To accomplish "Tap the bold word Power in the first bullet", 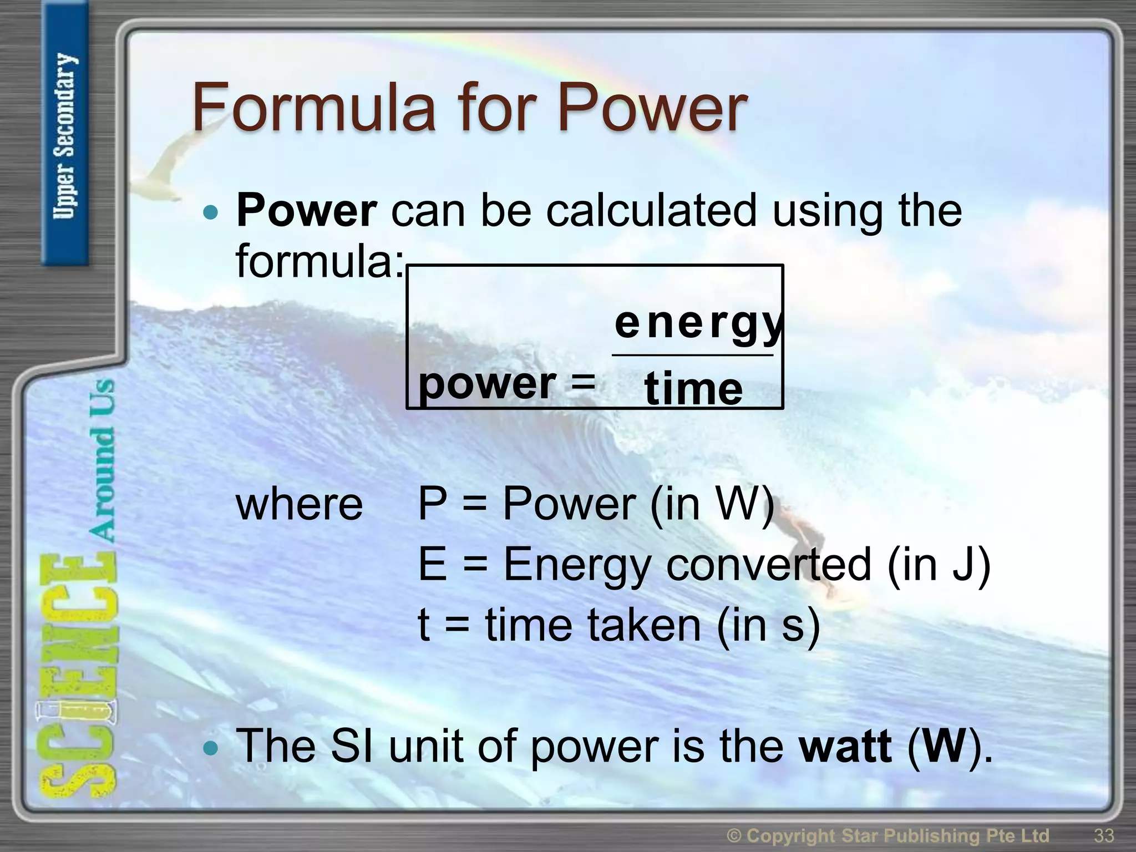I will point(306,211).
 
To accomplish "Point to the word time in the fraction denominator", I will point(693,389).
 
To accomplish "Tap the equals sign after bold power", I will point(582,383).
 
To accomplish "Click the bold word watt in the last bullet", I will point(845,746).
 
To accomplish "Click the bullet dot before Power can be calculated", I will point(211,212).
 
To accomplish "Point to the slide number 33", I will point(1103,835).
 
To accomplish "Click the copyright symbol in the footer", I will point(734,835).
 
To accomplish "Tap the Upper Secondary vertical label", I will point(65,136).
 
